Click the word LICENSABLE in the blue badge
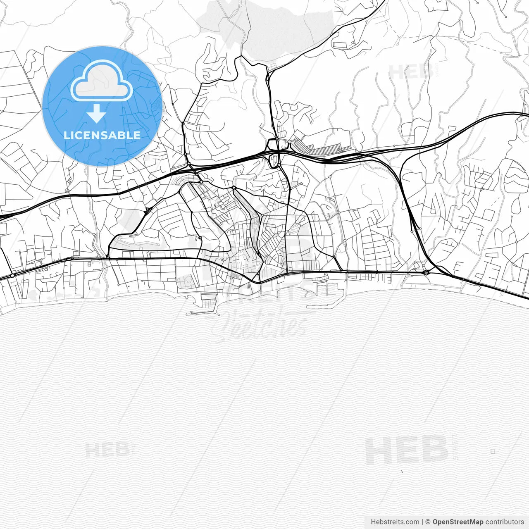(x=102, y=135)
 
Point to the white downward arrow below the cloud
(x=97, y=114)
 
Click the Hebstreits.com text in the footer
(x=395, y=522)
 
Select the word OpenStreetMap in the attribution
(x=458, y=522)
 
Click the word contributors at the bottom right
(x=504, y=522)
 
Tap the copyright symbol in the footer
(x=428, y=522)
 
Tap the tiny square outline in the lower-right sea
(x=493, y=452)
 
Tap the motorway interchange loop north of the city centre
(x=274, y=159)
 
